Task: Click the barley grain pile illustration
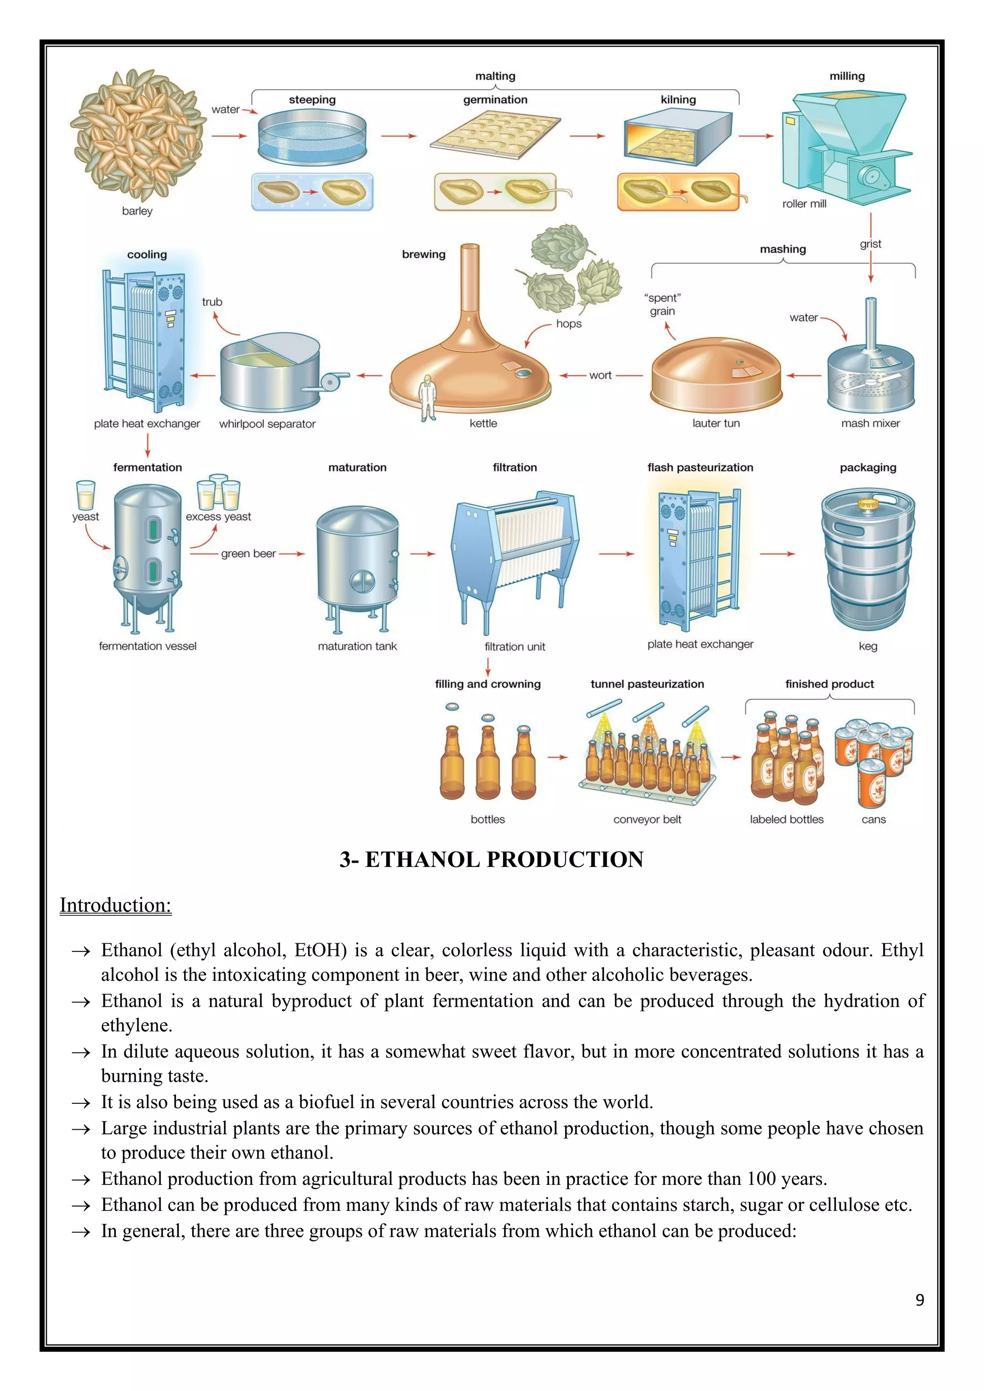(137, 134)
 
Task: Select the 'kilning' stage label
(678, 100)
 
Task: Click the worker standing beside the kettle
(427, 397)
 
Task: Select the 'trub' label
(212, 302)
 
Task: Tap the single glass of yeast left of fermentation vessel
(86, 496)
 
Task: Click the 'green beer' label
(248, 554)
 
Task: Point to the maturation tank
(357, 563)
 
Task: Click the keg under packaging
(868, 561)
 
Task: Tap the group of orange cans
(873, 757)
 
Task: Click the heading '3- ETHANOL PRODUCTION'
(492, 860)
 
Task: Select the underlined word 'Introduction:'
(116, 905)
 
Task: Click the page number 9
(919, 1300)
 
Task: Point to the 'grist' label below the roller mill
(870, 244)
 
